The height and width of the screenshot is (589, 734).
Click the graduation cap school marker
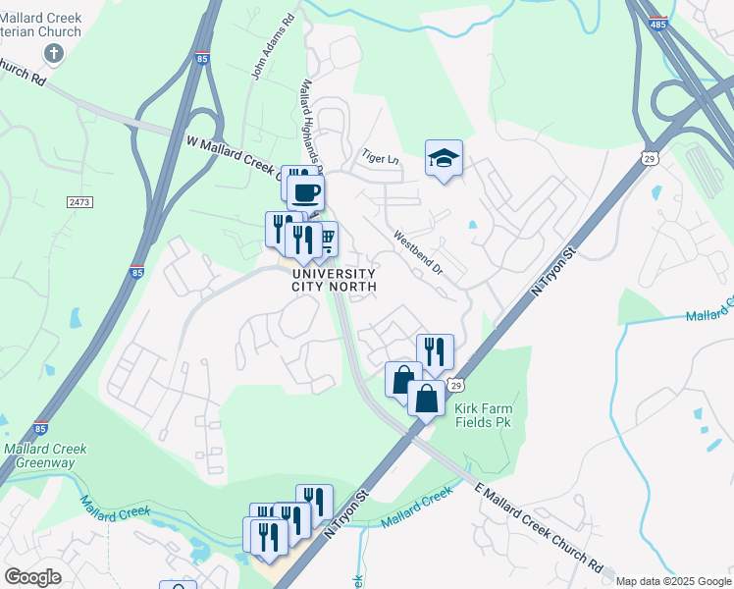tap(444, 157)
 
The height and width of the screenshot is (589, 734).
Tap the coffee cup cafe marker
tap(306, 190)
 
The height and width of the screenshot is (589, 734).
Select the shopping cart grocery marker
tap(325, 238)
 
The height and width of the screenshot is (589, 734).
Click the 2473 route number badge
tap(79, 202)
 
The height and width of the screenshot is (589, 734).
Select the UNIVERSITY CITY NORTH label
tap(334, 280)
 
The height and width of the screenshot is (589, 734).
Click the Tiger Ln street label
tap(381, 157)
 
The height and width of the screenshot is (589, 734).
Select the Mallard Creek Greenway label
tap(45, 456)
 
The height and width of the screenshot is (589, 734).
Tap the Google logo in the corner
tap(32, 577)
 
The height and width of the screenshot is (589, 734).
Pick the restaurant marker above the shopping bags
tap(435, 350)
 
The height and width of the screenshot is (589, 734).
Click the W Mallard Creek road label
tap(232, 155)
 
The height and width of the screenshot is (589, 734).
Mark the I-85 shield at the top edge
tap(202, 58)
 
